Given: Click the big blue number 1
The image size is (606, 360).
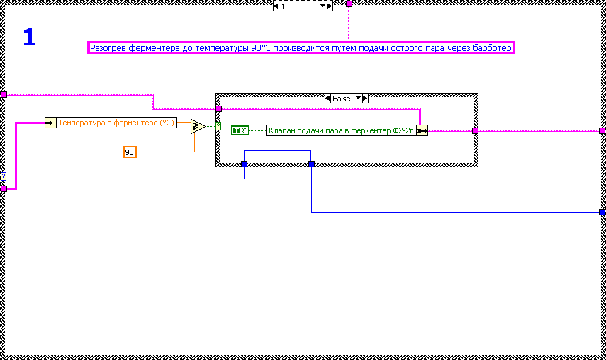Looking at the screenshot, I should (29, 37).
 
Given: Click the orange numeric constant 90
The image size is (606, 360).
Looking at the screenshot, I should (130, 152).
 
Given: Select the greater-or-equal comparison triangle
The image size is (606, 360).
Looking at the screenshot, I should (198, 127).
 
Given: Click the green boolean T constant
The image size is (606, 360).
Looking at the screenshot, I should (240, 130).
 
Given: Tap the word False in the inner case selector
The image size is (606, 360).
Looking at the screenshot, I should (341, 99).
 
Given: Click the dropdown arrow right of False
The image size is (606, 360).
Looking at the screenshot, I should (358, 99).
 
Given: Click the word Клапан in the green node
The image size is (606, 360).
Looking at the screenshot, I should (282, 130).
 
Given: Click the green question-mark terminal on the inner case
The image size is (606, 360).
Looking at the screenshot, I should (218, 127).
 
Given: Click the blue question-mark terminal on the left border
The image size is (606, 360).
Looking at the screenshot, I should (4, 176).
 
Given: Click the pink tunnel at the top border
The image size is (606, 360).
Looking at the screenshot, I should (349, 4).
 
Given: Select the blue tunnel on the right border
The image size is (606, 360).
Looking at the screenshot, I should (602, 212).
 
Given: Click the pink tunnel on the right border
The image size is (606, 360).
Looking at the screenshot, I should (602, 130).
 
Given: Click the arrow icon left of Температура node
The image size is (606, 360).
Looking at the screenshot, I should (50, 123).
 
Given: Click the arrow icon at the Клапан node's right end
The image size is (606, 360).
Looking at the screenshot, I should (422, 130).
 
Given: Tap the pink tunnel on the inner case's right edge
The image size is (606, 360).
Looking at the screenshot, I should (475, 130).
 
